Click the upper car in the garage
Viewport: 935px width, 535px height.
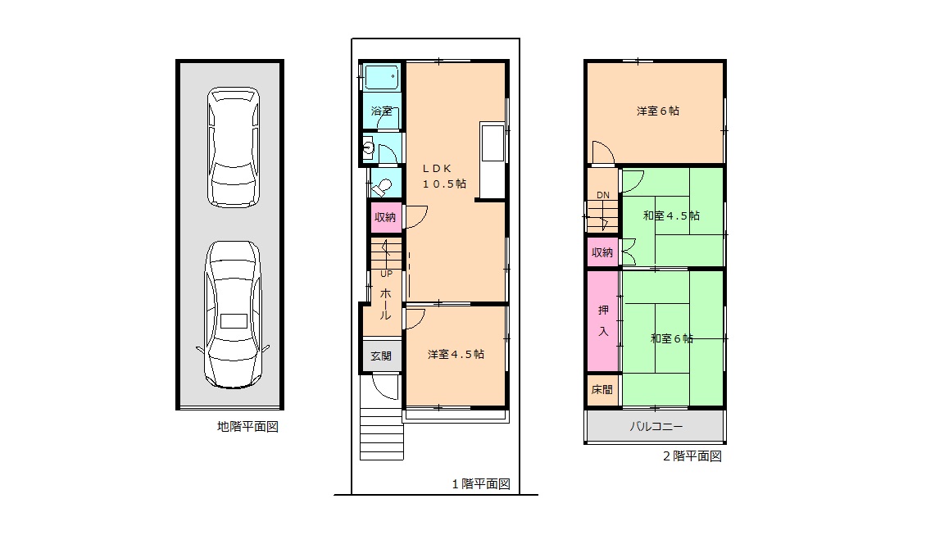pos(234,147)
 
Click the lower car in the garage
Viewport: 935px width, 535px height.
pos(233,315)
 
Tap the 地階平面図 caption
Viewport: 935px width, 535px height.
pos(247,427)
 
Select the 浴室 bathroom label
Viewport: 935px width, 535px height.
pos(382,111)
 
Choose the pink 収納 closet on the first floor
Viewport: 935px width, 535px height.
pos(385,217)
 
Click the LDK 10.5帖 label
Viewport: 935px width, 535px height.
pos(444,176)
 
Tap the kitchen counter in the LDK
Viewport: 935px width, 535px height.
pos(493,160)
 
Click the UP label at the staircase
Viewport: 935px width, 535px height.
pos(387,274)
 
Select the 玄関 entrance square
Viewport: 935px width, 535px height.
pos(381,356)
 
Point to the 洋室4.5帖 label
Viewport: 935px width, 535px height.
pos(456,354)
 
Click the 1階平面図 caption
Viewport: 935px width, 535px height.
pos(481,483)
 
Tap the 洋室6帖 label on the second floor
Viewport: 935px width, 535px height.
pos(658,111)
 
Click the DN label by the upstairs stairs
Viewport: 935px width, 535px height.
pos(603,195)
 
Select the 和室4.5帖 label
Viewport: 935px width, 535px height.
pos(671,216)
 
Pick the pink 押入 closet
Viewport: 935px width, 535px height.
pos(603,321)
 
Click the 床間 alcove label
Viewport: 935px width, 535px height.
pos(602,389)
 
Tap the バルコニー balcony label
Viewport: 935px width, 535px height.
pos(656,427)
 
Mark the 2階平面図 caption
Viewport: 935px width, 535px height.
pos(692,456)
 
